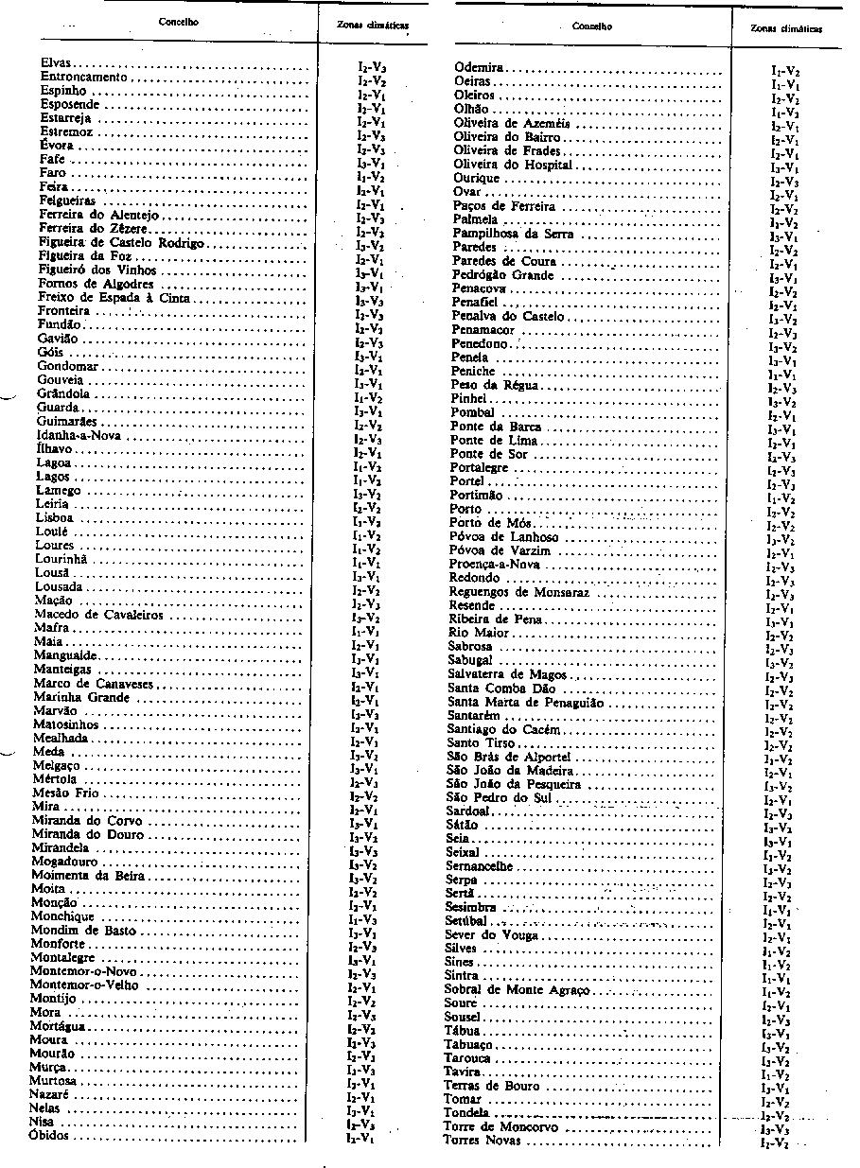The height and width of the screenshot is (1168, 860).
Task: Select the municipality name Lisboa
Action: [54, 518]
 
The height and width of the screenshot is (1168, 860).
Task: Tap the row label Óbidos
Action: [49, 1135]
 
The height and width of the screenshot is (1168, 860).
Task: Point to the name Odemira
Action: [479, 68]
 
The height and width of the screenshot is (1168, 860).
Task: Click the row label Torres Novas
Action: [482, 1141]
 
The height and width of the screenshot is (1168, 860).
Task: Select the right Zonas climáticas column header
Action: [786, 28]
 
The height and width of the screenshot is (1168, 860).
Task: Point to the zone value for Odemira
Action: [786, 70]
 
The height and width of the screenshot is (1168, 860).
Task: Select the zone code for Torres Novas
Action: [776, 1144]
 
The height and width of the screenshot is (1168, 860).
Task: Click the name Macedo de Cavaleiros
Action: [98, 615]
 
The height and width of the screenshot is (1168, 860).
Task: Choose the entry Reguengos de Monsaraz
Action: [518, 592]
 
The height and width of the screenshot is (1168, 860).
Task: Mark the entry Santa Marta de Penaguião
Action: [525, 703]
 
